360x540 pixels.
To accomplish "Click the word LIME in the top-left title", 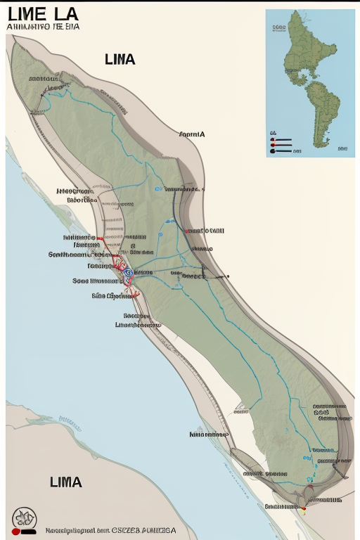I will click(x=29, y=14).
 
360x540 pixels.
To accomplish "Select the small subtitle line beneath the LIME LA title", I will click(x=43, y=27).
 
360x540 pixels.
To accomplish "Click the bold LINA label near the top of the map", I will click(x=120, y=60).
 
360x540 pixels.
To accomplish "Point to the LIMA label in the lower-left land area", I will click(x=66, y=482).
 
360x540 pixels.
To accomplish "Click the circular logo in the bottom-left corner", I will click(x=24, y=519).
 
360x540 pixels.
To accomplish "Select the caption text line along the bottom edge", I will click(x=110, y=531).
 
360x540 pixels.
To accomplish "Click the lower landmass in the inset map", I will click(x=326, y=112).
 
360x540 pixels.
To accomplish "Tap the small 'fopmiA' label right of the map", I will click(x=191, y=134).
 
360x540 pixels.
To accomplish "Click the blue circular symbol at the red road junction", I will click(x=127, y=272).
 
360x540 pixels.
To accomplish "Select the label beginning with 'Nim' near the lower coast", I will click(x=209, y=435).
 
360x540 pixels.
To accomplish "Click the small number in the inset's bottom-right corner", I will click(x=342, y=149).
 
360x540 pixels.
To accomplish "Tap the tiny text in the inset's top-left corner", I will click(x=278, y=28).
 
